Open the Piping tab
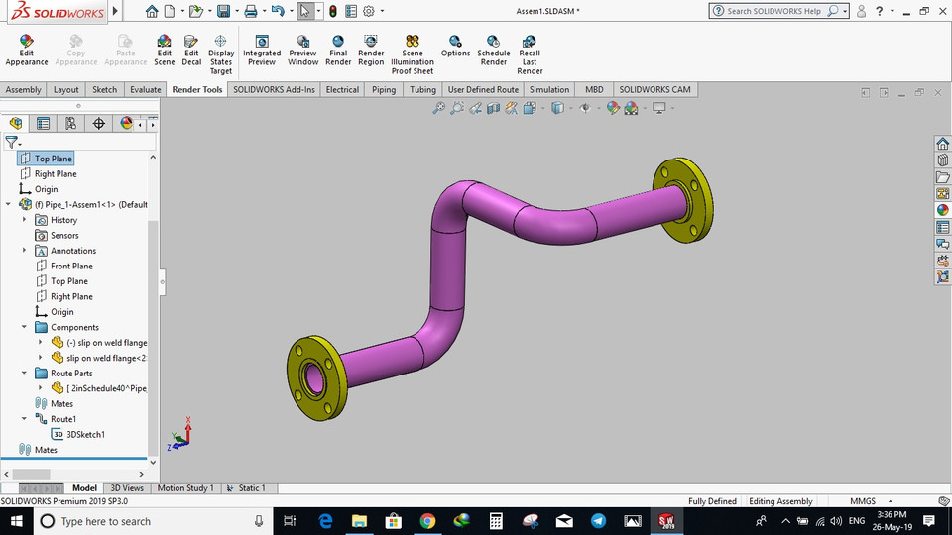pyautogui.click(x=383, y=89)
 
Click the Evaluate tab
pyautogui.click(x=145, y=89)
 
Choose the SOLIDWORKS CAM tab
pyautogui.click(x=654, y=89)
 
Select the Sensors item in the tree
pyautogui.click(x=64, y=236)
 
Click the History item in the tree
pyautogui.click(x=63, y=220)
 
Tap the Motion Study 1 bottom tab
pyautogui.click(x=185, y=488)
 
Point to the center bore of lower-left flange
pyautogui.click(x=314, y=377)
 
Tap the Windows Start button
pyautogui.click(x=18, y=521)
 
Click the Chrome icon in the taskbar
pyautogui.click(x=427, y=521)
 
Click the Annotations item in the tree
pyautogui.click(x=73, y=251)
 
